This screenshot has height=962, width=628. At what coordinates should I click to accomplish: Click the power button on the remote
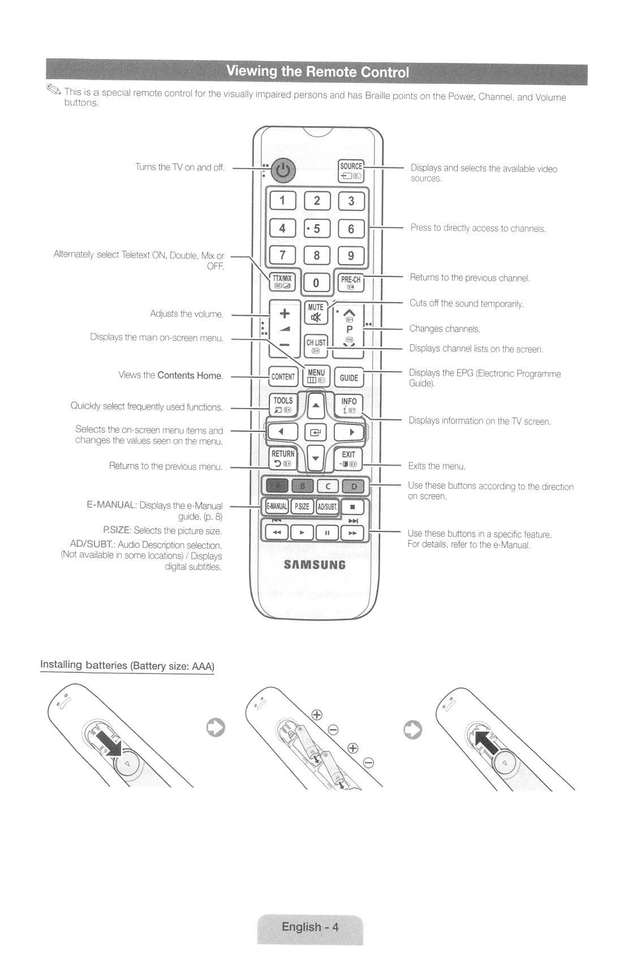pos(283,170)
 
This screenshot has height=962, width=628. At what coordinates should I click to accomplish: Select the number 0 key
pos(316,282)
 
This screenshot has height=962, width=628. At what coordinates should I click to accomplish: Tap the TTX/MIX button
pos(282,281)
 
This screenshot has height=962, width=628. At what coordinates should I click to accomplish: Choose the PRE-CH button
pos(351,282)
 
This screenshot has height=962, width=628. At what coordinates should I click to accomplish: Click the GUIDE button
pos(349,377)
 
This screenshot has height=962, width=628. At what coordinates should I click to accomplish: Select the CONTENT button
pos(283,376)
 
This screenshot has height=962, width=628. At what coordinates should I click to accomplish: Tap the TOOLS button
pos(283,404)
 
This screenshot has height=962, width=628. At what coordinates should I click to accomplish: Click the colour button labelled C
pos(328,486)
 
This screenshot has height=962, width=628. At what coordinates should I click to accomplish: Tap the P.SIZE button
pos(303,506)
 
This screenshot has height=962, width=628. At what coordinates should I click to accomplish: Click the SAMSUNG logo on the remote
pos(315,565)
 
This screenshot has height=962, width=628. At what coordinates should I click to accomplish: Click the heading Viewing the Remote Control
pos(317,72)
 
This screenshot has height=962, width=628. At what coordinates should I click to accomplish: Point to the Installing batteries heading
pos(127,665)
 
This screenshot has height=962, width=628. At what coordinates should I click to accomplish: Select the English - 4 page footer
pos(310,927)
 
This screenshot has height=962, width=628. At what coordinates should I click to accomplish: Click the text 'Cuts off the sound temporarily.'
pos(467,303)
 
